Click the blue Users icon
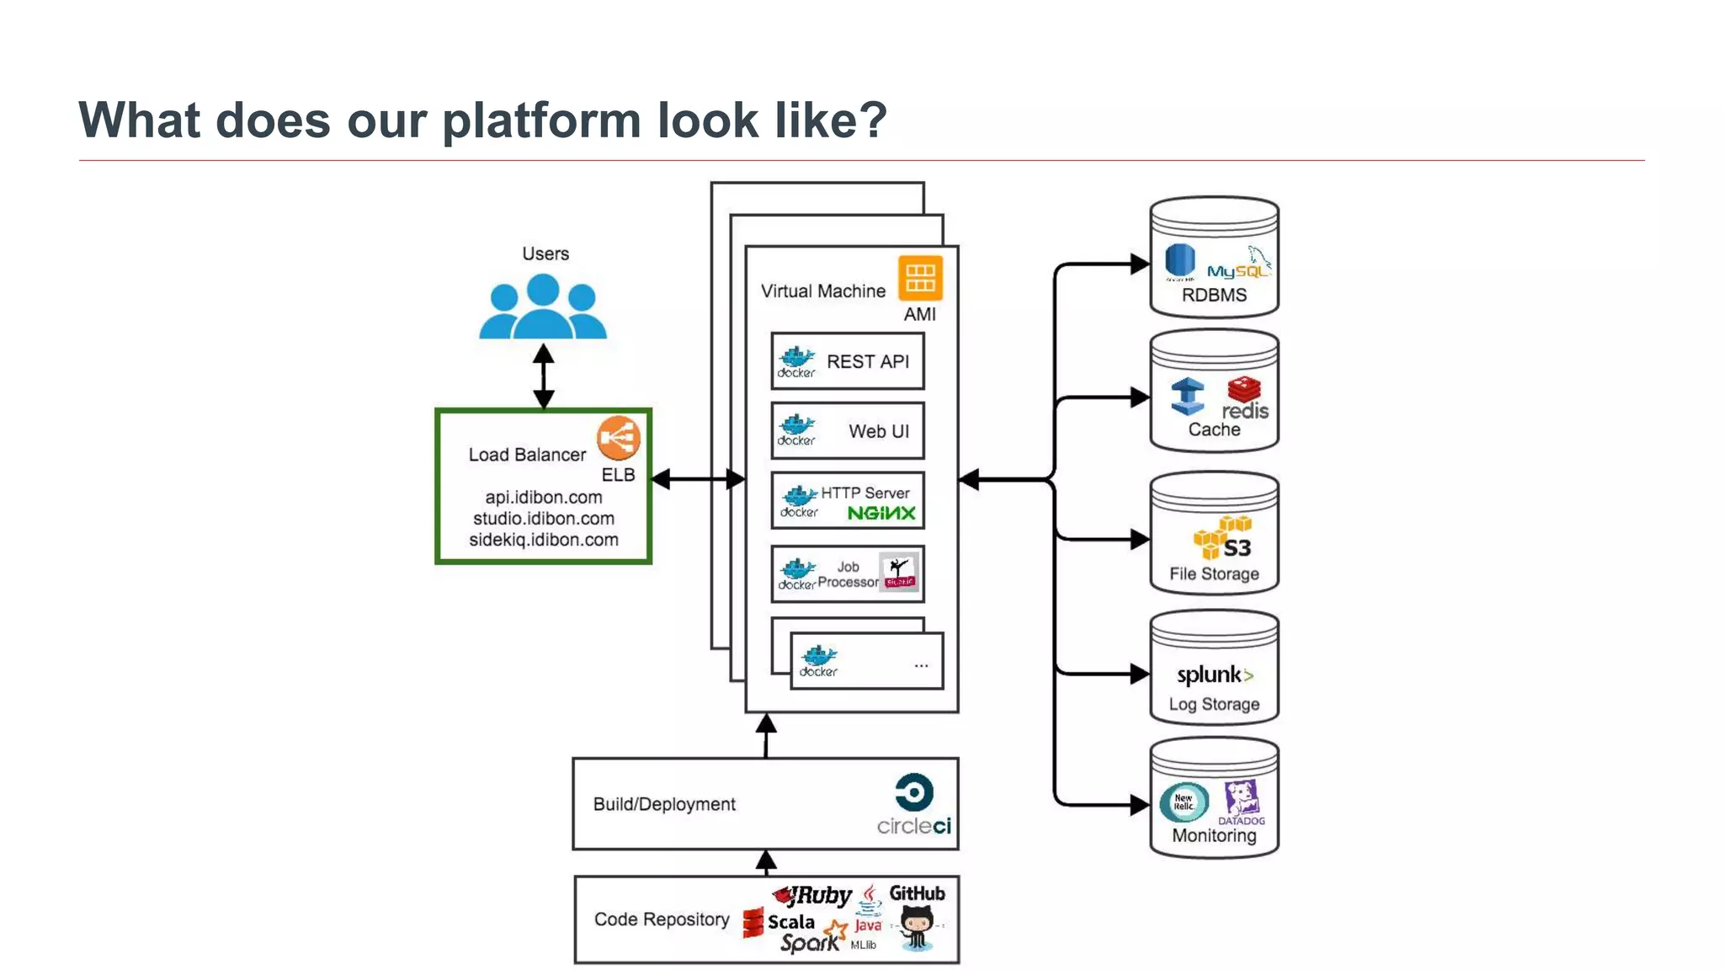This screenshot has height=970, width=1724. [x=543, y=307]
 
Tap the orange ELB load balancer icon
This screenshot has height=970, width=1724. [x=619, y=438]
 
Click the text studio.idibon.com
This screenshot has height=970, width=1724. [x=543, y=519]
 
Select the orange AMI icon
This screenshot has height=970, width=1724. [x=920, y=278]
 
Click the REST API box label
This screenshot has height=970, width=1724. [x=867, y=362]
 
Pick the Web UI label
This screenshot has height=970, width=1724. [x=878, y=431]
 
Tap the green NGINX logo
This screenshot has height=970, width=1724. [x=881, y=513]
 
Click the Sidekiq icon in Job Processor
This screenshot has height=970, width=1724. [x=899, y=573]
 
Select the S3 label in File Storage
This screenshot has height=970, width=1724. [x=1237, y=548]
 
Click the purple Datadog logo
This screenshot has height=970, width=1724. [x=1242, y=801]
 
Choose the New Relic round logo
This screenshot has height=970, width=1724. [x=1183, y=802]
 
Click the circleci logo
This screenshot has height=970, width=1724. [x=914, y=805]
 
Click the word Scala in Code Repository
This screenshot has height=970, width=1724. [x=790, y=922]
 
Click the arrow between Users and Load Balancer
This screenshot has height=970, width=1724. [x=544, y=376]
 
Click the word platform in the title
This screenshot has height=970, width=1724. [x=541, y=120]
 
